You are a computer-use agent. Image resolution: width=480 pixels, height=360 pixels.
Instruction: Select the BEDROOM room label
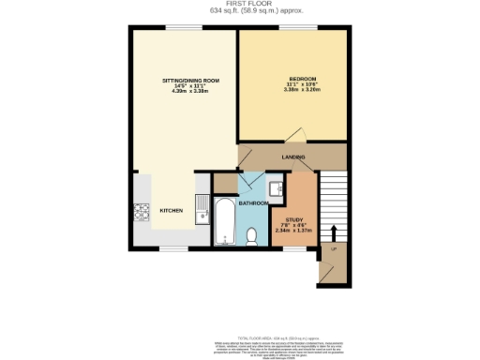[302, 77]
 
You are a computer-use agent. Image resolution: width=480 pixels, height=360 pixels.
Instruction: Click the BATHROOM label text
[253, 203]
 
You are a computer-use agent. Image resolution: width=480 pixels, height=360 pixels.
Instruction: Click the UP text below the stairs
[333, 248]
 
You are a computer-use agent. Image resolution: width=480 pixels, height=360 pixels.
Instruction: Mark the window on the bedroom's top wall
[292, 27]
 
